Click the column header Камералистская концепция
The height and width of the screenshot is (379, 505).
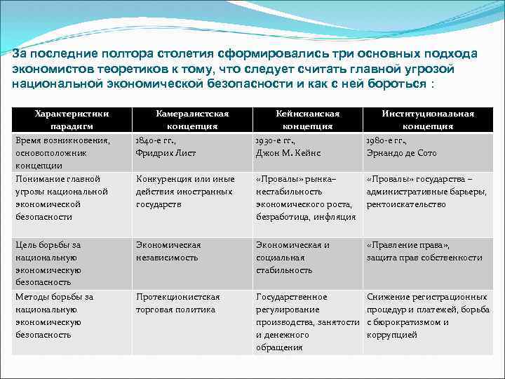point(191,120)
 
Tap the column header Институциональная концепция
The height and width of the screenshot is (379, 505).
point(426,120)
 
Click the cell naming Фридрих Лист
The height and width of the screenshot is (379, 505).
point(166,146)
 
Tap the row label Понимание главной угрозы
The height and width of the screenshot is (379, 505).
point(62,198)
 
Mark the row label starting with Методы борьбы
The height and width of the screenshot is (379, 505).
point(55,316)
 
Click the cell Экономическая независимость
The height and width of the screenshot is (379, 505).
point(168,251)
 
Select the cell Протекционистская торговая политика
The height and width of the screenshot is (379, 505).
point(177,303)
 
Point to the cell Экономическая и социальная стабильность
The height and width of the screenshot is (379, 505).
point(292,258)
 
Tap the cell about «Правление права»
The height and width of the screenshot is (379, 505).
point(424,251)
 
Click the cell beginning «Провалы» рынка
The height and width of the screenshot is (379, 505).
point(305,198)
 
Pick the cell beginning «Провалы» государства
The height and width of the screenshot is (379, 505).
point(426,192)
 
